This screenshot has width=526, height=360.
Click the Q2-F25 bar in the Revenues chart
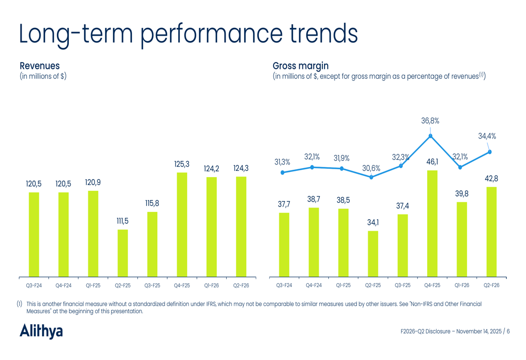123,253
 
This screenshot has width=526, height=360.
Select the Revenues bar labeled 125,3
181,224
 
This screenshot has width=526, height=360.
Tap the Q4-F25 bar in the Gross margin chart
432,223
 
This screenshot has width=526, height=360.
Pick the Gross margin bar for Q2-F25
372,254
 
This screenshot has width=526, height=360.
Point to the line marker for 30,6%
371,177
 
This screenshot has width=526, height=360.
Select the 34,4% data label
487,136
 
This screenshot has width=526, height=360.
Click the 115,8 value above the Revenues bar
152,203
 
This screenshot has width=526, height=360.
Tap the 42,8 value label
491,179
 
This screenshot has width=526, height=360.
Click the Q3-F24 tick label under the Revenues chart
34,286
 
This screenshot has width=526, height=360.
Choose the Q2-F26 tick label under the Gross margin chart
491,286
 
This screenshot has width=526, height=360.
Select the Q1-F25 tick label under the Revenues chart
93,286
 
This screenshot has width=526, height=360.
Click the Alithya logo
41,331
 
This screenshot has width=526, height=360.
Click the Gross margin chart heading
300,66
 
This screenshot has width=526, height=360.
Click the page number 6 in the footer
508,331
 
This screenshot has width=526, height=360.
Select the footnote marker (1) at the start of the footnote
19,304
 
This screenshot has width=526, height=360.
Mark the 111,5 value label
123,221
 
